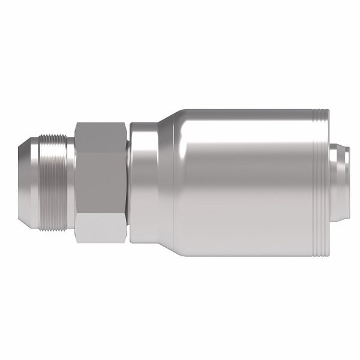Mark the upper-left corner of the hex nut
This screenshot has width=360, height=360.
76,124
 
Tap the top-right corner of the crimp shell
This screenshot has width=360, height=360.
328,112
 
